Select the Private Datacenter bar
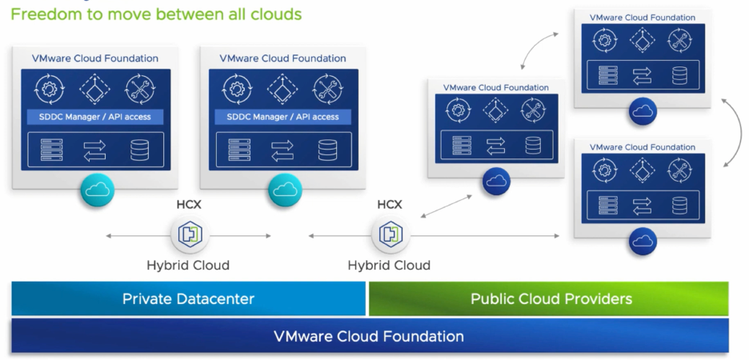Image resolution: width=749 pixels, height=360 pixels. tap(188, 299)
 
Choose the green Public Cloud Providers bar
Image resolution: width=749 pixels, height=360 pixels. tap(551, 299)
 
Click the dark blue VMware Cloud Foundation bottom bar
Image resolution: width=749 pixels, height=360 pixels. tap(369, 337)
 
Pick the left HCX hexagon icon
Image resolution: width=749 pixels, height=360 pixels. tap(189, 235)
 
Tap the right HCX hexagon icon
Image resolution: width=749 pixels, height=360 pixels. tap(390, 235)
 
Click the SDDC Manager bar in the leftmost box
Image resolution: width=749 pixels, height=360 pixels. tap(94, 117)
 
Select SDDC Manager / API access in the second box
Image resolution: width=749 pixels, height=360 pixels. tap(283, 117)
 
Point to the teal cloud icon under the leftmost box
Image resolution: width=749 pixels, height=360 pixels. tap(97, 190)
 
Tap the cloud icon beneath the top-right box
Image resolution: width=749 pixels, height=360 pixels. tap(643, 111)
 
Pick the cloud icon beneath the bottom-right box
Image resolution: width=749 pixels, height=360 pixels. tap(643, 241)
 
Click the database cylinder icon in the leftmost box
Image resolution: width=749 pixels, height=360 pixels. tap(139, 150)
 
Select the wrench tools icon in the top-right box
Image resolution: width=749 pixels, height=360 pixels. tap(679, 42)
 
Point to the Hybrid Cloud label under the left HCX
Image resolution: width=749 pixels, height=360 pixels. tap(188, 265)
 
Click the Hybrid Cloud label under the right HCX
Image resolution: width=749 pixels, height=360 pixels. tap(389, 265)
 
